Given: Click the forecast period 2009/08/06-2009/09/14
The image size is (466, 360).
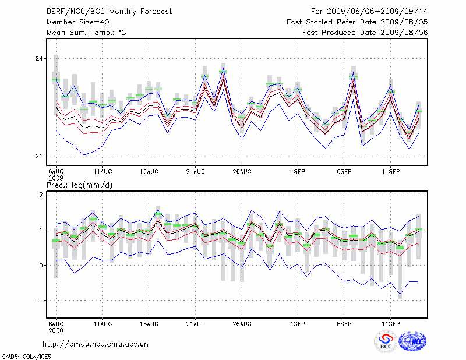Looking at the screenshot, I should (x=369, y=11).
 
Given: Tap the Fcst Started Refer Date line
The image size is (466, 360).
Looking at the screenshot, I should (x=357, y=22).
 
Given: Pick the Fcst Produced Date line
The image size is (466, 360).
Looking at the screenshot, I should (x=365, y=32).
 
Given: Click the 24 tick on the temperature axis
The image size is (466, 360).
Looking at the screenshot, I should (x=40, y=59).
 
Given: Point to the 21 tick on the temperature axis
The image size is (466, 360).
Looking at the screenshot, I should (x=40, y=156).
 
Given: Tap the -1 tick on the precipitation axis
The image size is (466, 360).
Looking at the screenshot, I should (x=40, y=301).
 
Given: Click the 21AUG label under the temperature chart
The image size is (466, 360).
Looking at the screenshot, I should (x=195, y=172).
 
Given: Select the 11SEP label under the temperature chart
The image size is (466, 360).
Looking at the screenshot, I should (x=390, y=172).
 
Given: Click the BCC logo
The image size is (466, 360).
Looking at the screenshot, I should (x=386, y=341).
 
